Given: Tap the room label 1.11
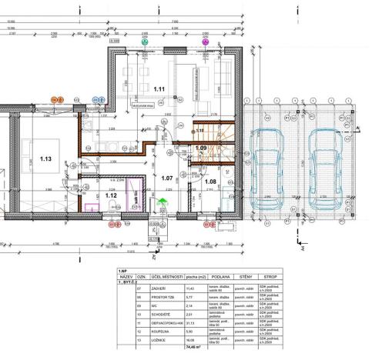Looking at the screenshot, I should (159, 89).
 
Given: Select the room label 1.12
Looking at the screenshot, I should (111, 195).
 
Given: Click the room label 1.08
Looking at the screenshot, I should (209, 182).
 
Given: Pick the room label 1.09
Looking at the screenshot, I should (201, 148).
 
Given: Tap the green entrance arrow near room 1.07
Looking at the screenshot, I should (162, 202).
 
